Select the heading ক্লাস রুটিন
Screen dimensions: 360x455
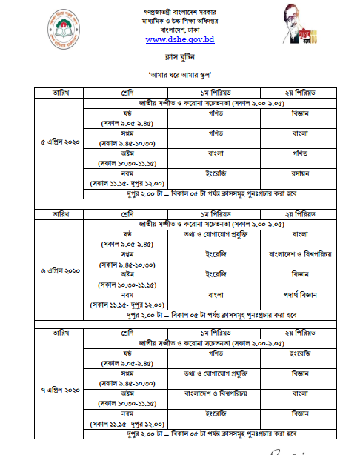point(179,56)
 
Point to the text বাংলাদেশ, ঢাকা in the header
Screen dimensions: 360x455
point(179,30)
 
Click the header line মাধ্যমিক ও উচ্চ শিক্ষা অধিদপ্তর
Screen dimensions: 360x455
point(179,21)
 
